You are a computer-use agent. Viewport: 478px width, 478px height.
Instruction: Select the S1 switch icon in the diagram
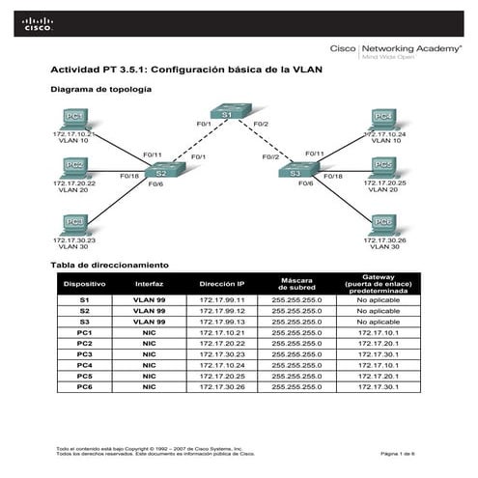click(x=228, y=115)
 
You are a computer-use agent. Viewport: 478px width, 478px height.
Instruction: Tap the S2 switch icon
click(x=160, y=172)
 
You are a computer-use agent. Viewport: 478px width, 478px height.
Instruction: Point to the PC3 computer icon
click(x=73, y=224)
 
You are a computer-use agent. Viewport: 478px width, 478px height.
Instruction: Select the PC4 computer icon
click(x=383, y=118)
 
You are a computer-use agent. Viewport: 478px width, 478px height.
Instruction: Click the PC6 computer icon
click(x=383, y=223)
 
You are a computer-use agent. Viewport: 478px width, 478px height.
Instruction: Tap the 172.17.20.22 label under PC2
click(x=73, y=183)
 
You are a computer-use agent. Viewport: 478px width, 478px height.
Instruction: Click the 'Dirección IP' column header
click(x=222, y=284)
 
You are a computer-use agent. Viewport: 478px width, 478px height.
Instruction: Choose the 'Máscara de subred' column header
click(x=296, y=284)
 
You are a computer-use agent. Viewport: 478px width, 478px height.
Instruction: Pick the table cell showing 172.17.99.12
click(x=222, y=311)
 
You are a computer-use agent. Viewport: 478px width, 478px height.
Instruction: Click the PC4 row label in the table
click(x=85, y=365)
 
